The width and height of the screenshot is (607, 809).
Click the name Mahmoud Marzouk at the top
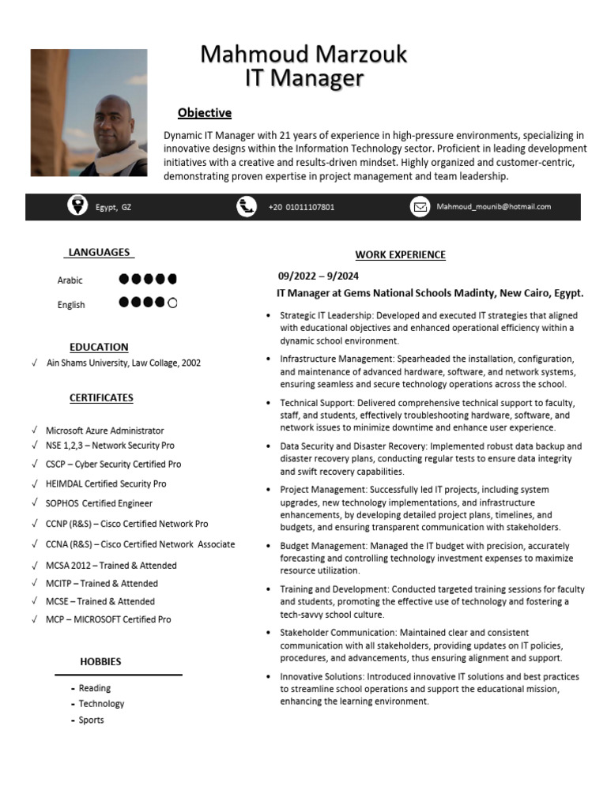(x=303, y=55)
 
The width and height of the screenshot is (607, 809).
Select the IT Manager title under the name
(x=304, y=78)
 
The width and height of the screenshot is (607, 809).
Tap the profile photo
(x=89, y=113)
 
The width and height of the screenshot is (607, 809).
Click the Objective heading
(x=204, y=113)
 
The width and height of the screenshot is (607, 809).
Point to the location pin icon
(x=77, y=206)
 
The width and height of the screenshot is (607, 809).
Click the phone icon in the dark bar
(x=247, y=207)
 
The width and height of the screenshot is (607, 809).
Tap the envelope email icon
(x=420, y=207)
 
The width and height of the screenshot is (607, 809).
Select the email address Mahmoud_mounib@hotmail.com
(x=493, y=207)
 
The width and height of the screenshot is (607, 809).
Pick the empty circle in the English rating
(x=172, y=303)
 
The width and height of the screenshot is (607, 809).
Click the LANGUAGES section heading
(x=99, y=253)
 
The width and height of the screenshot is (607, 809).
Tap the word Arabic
(x=70, y=280)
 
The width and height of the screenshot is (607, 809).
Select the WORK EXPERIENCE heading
(x=400, y=255)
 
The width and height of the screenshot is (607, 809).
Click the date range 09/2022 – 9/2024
(x=318, y=276)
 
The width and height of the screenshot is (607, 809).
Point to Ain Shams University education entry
(x=123, y=363)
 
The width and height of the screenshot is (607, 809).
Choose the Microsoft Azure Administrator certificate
(x=104, y=431)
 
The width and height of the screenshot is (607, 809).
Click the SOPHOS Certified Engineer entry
(x=99, y=503)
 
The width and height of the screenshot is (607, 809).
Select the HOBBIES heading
(x=100, y=661)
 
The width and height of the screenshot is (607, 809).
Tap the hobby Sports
(x=91, y=720)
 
